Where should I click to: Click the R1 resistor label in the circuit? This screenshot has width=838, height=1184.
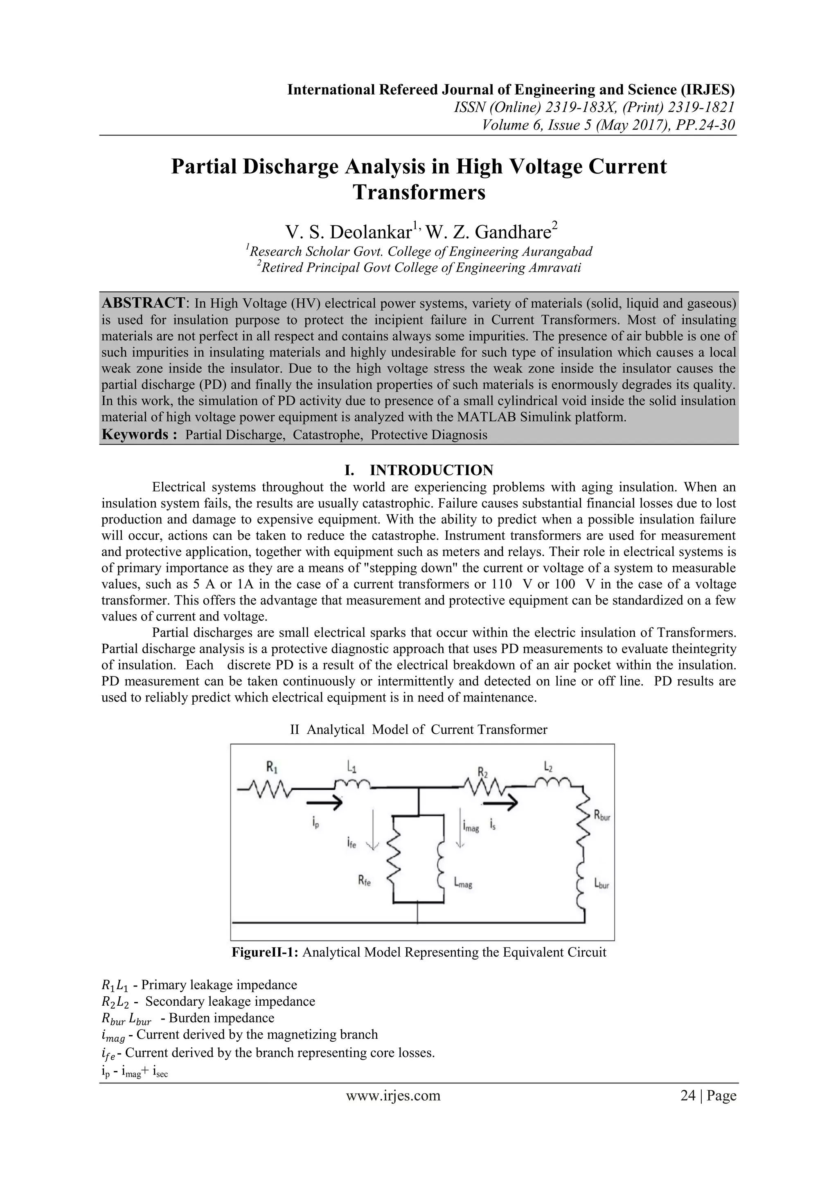tap(272, 768)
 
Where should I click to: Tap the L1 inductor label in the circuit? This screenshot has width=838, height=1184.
tap(351, 768)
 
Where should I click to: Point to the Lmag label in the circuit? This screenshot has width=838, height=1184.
tap(463, 883)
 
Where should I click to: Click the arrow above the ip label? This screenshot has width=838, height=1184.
tap(324, 802)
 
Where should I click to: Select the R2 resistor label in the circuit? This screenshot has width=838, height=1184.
tap(482, 773)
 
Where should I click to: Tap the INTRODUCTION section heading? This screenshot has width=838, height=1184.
tap(431, 470)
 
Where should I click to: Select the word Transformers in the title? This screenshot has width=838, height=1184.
tap(419, 192)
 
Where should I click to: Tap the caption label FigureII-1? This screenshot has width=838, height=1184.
tap(265, 952)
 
